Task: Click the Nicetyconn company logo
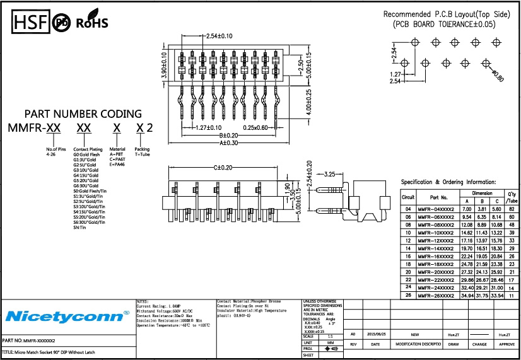pyautogui.click(x=66, y=315)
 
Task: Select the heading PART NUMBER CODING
pyautogui.click(x=83, y=114)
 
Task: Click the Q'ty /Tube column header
pyautogui.click(x=512, y=196)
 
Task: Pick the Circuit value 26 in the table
pyautogui.click(x=408, y=295)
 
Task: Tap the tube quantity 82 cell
pyautogui.click(x=512, y=209)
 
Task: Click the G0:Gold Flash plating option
pyautogui.click(x=87, y=154)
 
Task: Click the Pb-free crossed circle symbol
pyautogui.click(x=62, y=23)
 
